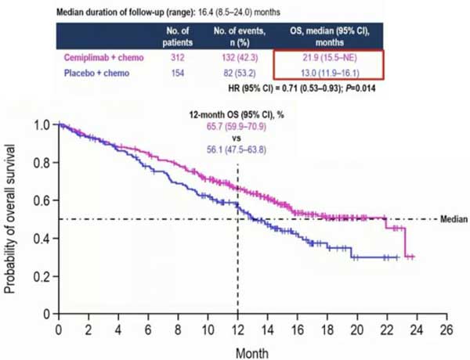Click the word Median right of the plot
[451, 220]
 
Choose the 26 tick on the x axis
[446, 327]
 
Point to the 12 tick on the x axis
[237, 327]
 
